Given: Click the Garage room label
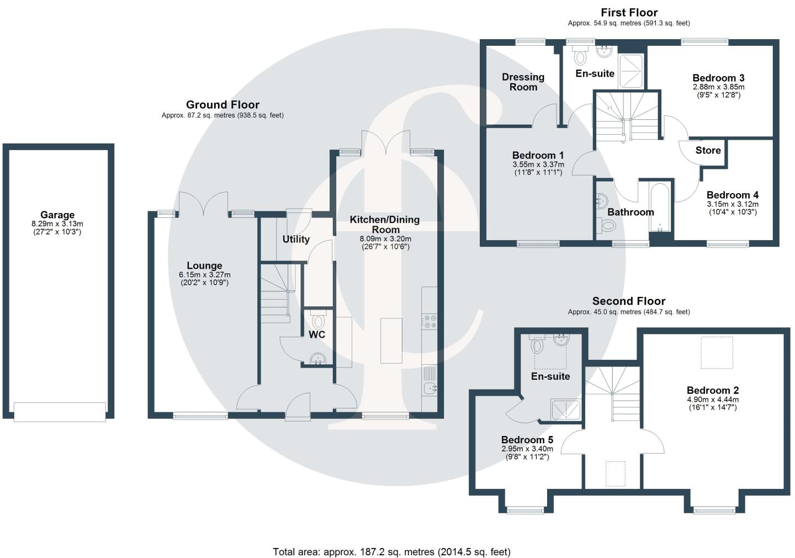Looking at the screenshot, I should point(57,215).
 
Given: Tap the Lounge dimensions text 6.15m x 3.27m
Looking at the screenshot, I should point(204,275).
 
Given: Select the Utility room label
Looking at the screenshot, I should point(296,240).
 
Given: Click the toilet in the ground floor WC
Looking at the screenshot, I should point(318,321).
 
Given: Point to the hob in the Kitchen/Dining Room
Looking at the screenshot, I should point(429,321).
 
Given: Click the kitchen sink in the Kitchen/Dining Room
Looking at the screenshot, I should point(430,389).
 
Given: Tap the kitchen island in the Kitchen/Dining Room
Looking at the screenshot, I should point(391,341).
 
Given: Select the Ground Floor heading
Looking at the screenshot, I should point(222,105).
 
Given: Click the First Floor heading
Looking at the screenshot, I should point(629,12).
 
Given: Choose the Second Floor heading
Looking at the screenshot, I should point(629,301).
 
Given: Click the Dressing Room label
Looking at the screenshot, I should point(523,82).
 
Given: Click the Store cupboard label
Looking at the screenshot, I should point(708,151).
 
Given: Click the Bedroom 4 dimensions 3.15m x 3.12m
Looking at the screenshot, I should point(732,204).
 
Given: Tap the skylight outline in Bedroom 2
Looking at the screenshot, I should point(717,353).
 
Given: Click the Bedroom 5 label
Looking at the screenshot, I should point(527,440).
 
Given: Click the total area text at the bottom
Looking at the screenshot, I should point(391,551).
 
